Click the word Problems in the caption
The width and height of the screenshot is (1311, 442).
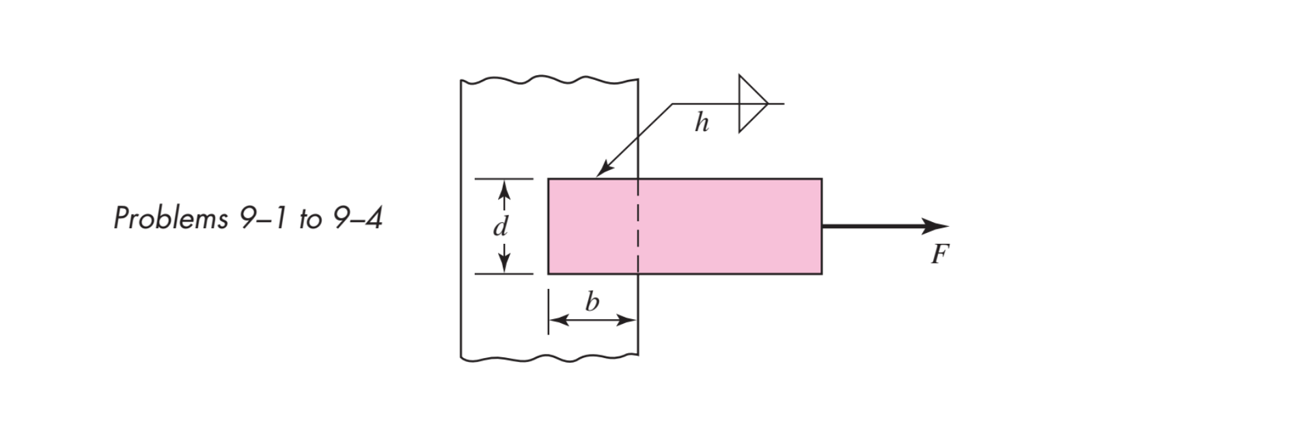171,218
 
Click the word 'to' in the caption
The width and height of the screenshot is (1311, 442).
309,219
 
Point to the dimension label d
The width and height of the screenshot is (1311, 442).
501,226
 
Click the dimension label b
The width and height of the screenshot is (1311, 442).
592,301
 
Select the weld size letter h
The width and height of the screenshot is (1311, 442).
702,123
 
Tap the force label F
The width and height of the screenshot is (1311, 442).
940,254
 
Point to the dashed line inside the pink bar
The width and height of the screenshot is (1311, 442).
637,226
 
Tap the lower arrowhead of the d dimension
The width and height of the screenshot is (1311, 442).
503,264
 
